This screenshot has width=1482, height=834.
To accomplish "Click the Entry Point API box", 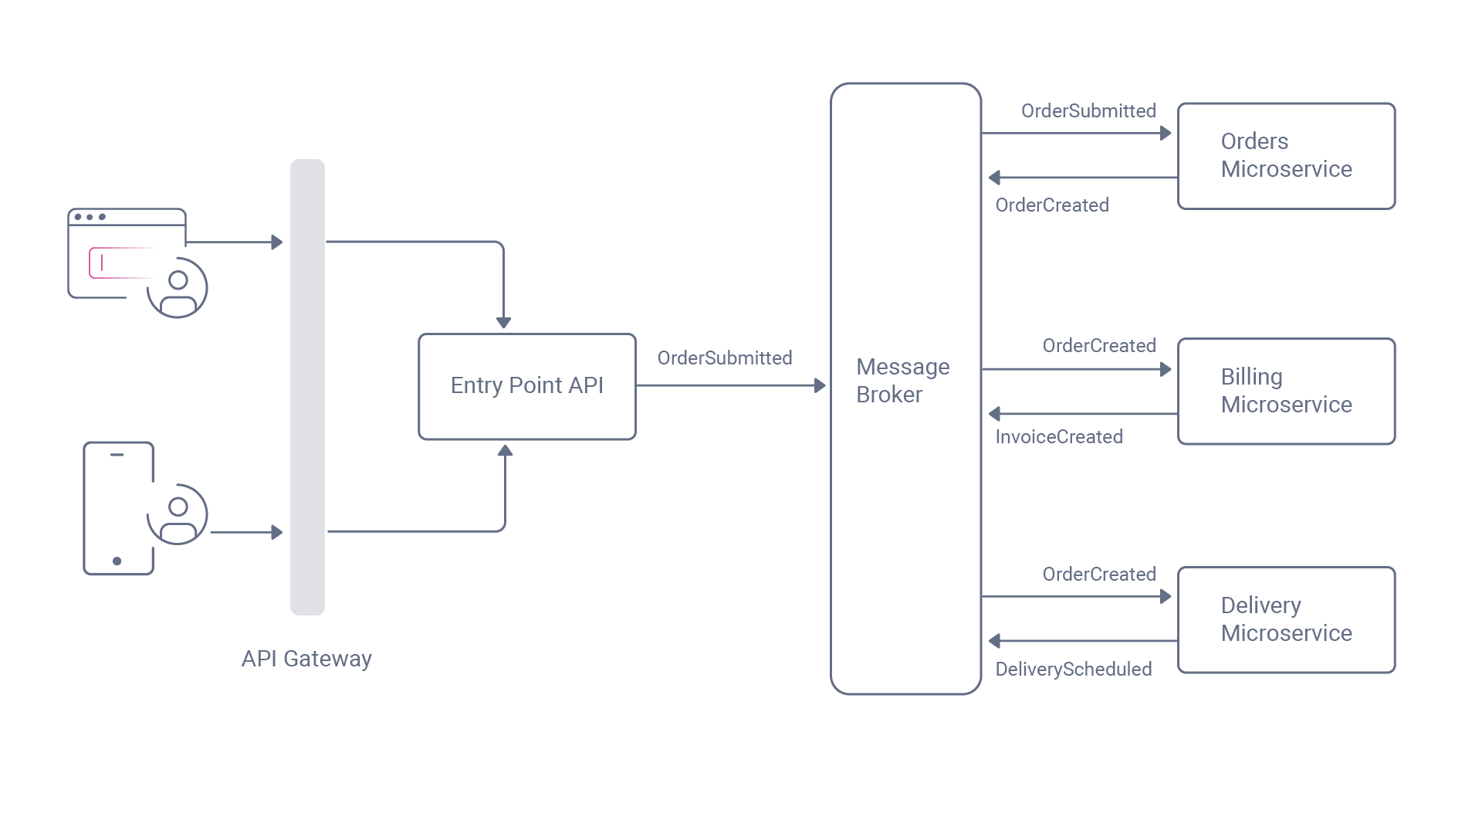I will [x=526, y=386].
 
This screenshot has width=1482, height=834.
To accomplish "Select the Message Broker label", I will [x=902, y=381].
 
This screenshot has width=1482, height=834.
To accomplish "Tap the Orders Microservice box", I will [x=1286, y=156].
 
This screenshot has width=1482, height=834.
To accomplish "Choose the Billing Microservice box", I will [x=1286, y=391].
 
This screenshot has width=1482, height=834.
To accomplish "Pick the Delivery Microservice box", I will [x=1286, y=619].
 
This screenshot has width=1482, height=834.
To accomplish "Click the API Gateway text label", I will [x=306, y=659].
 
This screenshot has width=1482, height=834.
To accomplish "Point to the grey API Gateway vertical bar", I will [x=307, y=386].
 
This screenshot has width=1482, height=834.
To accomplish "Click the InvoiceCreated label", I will [x=1058, y=437].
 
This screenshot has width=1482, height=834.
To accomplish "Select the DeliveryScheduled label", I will [x=1073, y=669].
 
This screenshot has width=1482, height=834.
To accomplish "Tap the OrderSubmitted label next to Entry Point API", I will [x=724, y=358].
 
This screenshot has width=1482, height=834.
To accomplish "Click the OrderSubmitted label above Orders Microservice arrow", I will [x=1088, y=111].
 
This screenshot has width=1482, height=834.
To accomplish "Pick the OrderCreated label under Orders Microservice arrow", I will [x=1051, y=205].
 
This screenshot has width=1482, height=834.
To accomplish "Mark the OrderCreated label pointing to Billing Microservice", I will [x=1098, y=346].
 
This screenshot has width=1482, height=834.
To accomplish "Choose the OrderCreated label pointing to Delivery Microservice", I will [x=1098, y=575].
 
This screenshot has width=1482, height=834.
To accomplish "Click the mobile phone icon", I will [x=118, y=508].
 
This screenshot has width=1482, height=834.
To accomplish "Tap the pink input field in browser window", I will [x=120, y=263].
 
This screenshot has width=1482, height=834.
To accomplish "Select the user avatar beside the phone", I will [x=178, y=514].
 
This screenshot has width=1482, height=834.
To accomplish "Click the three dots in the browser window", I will [x=90, y=217].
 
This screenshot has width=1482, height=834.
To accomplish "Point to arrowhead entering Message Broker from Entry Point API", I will [x=820, y=385].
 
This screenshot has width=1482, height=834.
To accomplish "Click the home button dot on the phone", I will [x=117, y=561].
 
